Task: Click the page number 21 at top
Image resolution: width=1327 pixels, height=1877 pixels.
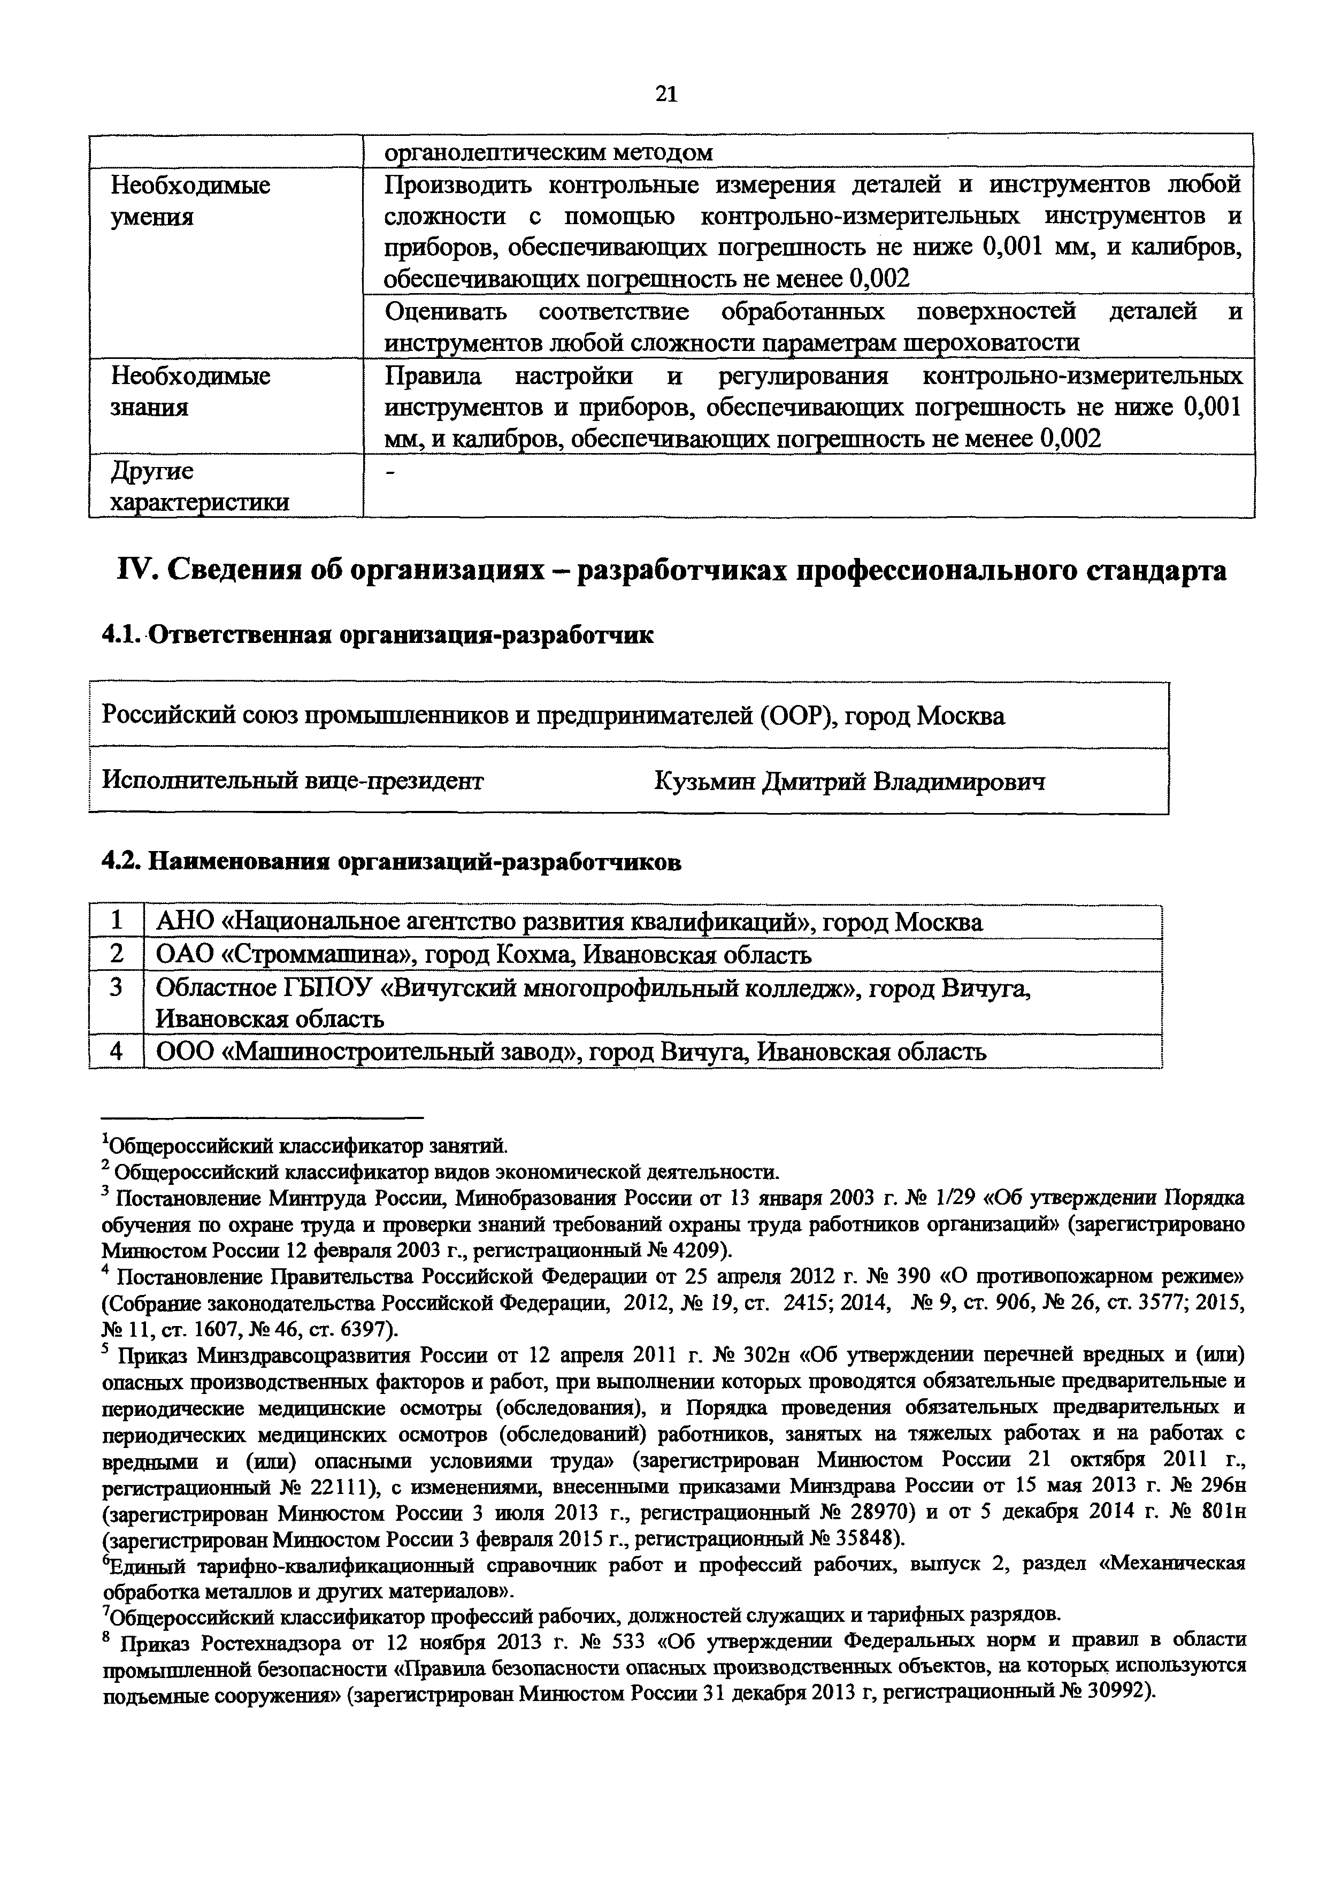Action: coord(666,95)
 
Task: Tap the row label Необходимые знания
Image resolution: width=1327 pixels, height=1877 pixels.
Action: coord(190,392)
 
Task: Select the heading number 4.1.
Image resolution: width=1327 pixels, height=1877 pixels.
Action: coord(122,635)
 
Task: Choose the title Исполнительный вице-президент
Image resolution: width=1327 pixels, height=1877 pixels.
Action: coord(292,782)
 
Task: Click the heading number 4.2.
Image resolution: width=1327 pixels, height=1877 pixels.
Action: coord(124,862)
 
